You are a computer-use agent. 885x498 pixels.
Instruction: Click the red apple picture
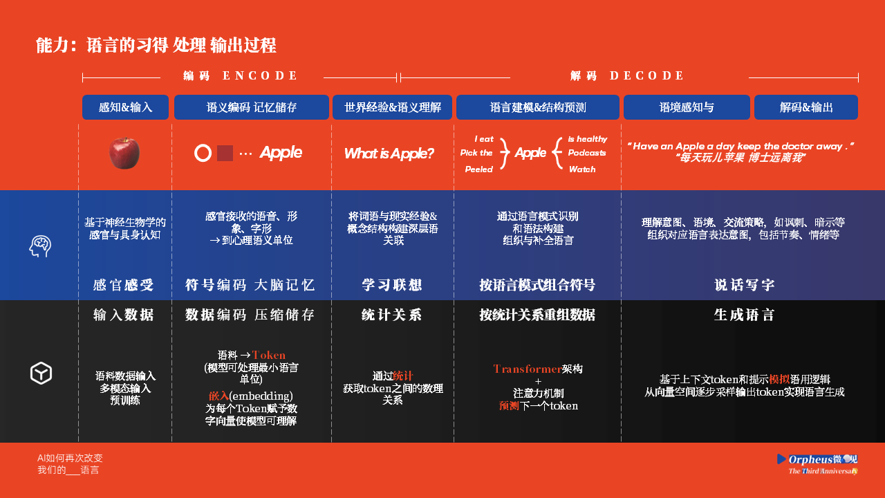124,153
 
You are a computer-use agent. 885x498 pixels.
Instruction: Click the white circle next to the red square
203,153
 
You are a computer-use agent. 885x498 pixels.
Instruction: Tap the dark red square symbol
225,153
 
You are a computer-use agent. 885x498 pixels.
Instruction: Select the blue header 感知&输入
125,107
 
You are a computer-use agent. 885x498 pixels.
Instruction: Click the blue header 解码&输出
806,107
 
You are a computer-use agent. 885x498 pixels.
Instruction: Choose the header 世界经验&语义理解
392,107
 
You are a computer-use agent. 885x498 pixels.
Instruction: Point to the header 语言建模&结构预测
538,107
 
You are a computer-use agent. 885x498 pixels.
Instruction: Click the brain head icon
40,246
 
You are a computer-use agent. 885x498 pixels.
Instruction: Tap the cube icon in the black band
41,373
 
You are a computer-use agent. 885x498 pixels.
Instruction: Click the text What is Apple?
389,154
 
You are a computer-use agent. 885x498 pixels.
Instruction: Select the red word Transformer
528,369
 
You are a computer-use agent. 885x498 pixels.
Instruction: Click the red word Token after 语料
269,355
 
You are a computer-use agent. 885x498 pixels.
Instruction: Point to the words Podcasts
587,153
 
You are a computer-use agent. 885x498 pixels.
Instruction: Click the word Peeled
479,169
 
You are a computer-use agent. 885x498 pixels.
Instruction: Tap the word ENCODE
259,75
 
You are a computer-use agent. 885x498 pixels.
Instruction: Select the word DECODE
646,75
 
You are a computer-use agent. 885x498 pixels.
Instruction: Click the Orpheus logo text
811,459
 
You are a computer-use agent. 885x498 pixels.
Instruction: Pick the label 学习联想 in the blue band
392,284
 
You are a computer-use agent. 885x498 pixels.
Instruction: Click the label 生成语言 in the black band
745,315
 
